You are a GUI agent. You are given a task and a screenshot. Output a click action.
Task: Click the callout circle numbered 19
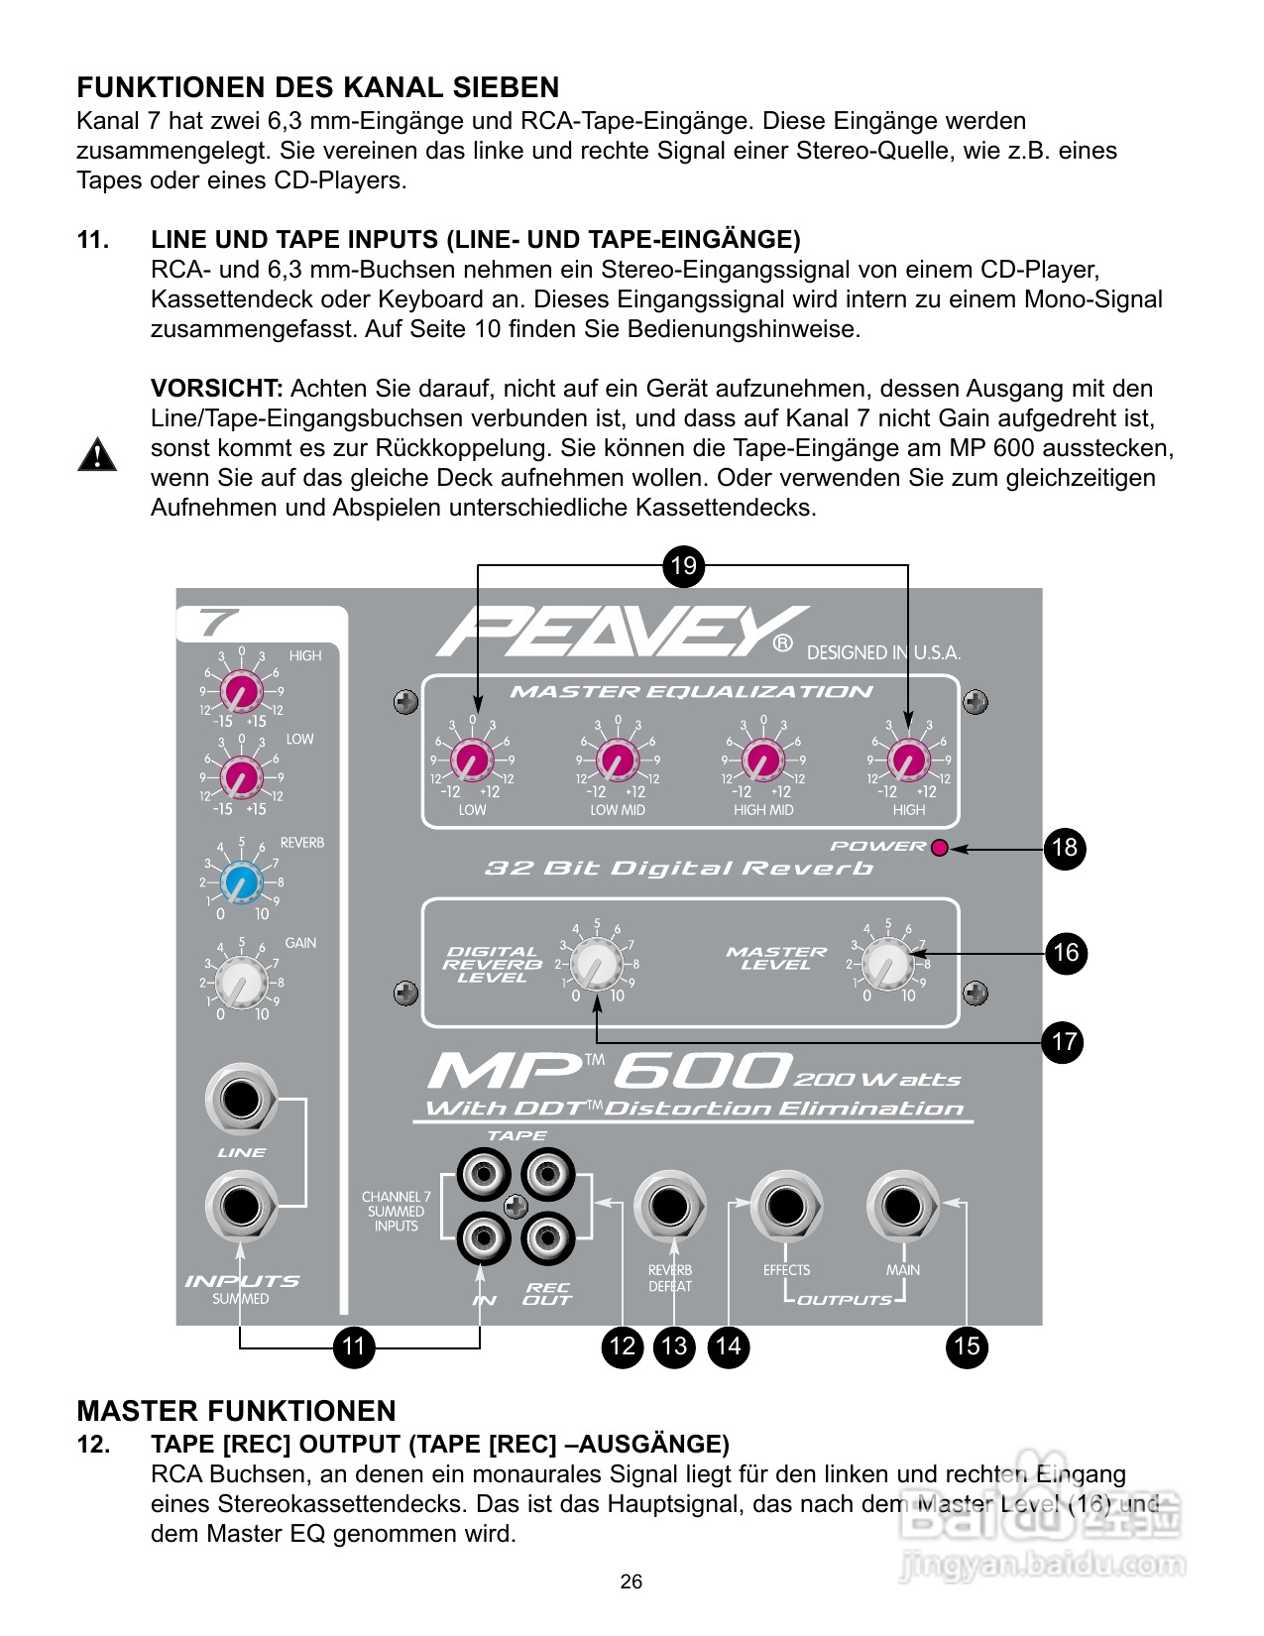tap(683, 566)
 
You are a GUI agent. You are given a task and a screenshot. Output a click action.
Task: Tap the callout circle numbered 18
tap(1065, 849)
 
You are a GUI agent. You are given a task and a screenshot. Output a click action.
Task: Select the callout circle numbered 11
tap(354, 1346)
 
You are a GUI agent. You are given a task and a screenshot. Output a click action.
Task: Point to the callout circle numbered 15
tap(967, 1346)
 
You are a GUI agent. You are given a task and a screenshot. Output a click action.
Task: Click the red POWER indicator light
tap(940, 847)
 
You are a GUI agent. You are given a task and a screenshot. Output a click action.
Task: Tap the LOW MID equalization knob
tap(617, 761)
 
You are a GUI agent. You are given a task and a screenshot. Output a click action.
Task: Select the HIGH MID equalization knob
tap(762, 761)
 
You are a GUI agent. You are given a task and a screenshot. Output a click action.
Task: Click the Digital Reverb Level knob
tap(597, 965)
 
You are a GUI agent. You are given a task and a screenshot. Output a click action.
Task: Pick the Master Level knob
tap(887, 964)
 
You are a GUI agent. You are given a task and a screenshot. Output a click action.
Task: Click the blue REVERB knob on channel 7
tap(241, 881)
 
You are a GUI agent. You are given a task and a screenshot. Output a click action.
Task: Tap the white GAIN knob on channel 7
tap(241, 982)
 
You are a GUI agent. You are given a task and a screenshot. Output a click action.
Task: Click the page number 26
tap(632, 1581)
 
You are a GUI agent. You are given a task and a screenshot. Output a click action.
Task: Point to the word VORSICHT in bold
tap(217, 389)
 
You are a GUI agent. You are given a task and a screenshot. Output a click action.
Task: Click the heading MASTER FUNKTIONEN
tap(236, 1411)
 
